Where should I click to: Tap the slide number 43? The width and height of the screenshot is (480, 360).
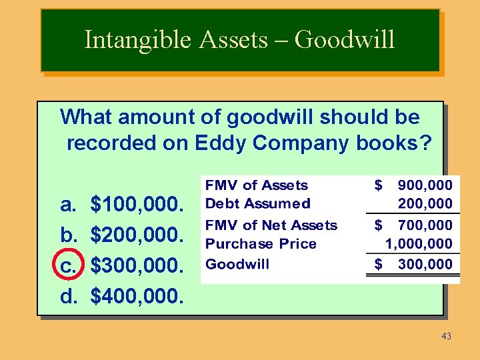[446, 336]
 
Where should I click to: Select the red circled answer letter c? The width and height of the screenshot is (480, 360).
[69, 266]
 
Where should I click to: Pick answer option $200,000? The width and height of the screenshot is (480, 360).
[137, 236]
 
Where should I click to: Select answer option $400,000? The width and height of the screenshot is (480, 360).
[137, 296]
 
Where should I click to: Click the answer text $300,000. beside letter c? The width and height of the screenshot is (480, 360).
[137, 266]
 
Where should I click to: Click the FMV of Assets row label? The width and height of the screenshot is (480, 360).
[257, 185]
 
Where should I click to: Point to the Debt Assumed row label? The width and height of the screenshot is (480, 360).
[258, 203]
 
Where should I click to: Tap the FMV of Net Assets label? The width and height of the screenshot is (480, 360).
[271, 225]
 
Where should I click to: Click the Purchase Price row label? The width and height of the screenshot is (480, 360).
[261, 244]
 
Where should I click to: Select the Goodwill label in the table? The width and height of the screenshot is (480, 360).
[237, 264]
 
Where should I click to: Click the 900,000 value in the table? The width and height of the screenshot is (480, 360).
[425, 185]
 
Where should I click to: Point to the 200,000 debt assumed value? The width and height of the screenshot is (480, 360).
[425, 203]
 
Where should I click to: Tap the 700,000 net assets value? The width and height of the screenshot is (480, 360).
[425, 225]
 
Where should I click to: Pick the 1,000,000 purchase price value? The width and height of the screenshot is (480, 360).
[419, 244]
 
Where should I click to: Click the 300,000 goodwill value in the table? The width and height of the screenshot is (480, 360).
[425, 264]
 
